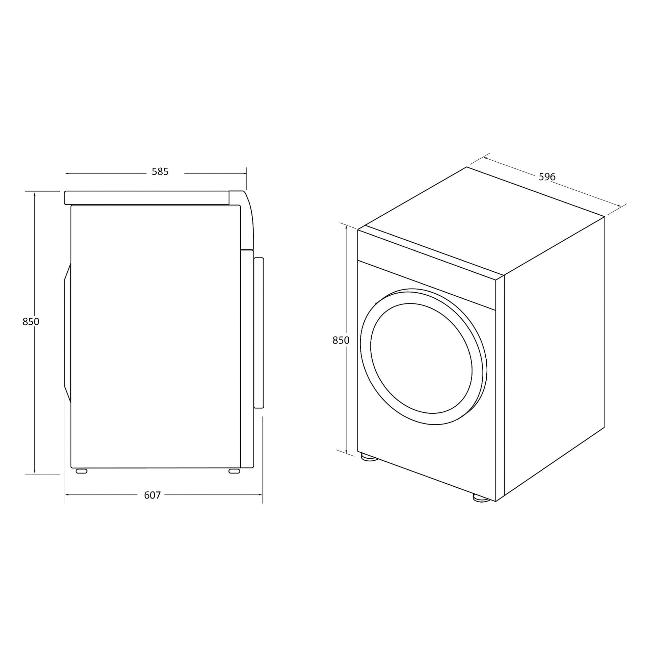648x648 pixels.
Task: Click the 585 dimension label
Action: tap(160, 172)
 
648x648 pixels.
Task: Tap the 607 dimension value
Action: tap(152, 495)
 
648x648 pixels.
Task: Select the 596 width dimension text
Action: tap(547, 177)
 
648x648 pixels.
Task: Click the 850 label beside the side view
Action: tap(31, 322)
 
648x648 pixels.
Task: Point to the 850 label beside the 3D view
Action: tap(341, 341)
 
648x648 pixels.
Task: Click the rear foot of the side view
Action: tap(81, 471)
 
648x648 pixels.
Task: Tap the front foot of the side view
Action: tap(234, 471)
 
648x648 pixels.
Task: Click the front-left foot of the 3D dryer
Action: tap(369, 457)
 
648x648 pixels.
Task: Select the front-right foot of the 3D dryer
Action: tap(482, 498)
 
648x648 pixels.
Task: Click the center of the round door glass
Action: tap(421, 358)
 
